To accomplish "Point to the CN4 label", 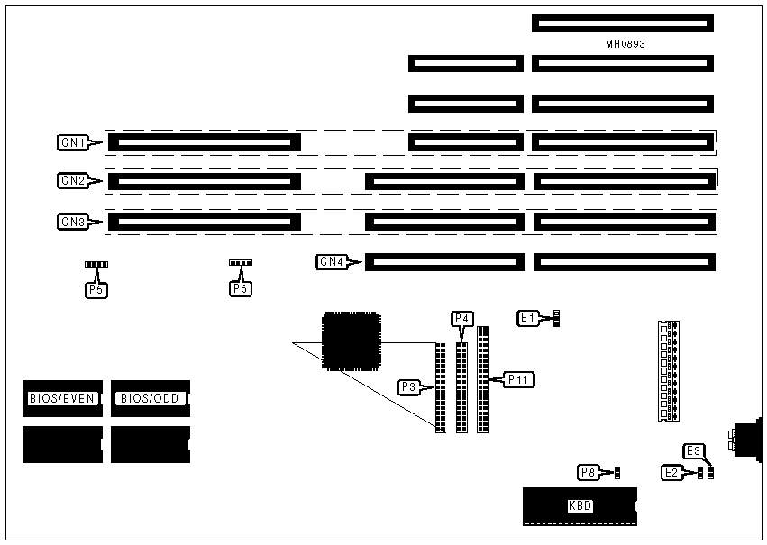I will pos(332,262).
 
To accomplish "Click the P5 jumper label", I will pos(95,289).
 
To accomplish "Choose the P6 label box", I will pos(240,289).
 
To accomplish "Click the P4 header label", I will pos(461,319).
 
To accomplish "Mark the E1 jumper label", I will pos(529,317).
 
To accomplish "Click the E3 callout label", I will pos(693,451).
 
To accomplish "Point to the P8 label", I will pos(588,471).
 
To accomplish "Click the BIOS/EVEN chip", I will pos(61,398).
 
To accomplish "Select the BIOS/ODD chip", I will pos(151,398).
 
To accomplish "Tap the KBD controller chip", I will pos(580,505).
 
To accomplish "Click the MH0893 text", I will pos(625,43).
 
